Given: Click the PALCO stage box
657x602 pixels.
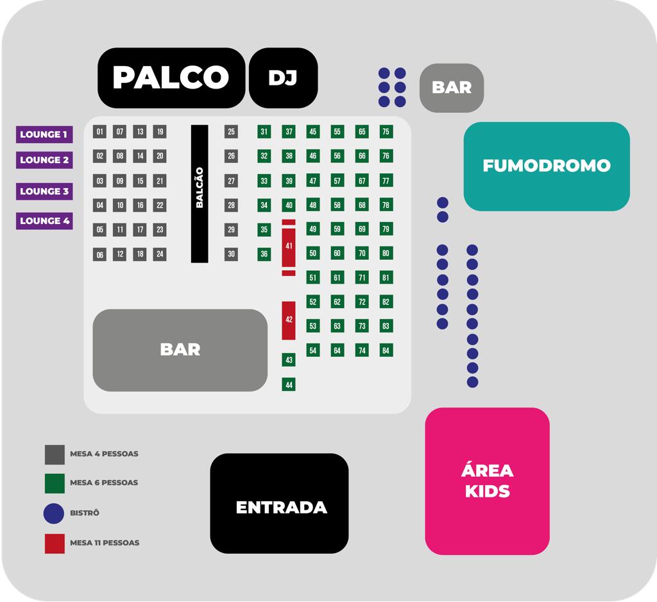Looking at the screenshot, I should click(171, 78).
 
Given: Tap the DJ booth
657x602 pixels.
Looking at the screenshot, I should click(283, 78).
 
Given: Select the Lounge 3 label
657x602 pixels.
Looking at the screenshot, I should click(44, 191).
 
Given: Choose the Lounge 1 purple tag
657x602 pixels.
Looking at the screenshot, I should click(44, 134).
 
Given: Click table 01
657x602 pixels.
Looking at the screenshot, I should click(99, 132).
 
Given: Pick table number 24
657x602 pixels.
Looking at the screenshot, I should click(160, 254).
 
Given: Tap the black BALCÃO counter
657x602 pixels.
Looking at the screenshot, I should click(200, 194).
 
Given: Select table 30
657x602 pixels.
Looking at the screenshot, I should click(231, 254).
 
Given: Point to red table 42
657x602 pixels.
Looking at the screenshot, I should click(289, 320).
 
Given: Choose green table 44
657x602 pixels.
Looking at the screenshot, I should click(289, 384).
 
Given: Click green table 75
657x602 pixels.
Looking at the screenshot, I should click(386, 132).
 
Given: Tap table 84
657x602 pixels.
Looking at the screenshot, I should click(386, 350).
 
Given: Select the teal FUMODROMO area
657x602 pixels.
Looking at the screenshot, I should click(547, 166).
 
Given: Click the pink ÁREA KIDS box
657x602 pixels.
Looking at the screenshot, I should click(487, 481).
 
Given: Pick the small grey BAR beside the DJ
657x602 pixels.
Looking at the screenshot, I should click(451, 88).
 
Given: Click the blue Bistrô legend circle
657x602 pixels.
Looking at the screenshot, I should click(54, 513).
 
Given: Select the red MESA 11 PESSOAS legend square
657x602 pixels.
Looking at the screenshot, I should click(55, 544).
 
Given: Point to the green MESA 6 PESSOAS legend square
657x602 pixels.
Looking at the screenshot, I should click(55, 483).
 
